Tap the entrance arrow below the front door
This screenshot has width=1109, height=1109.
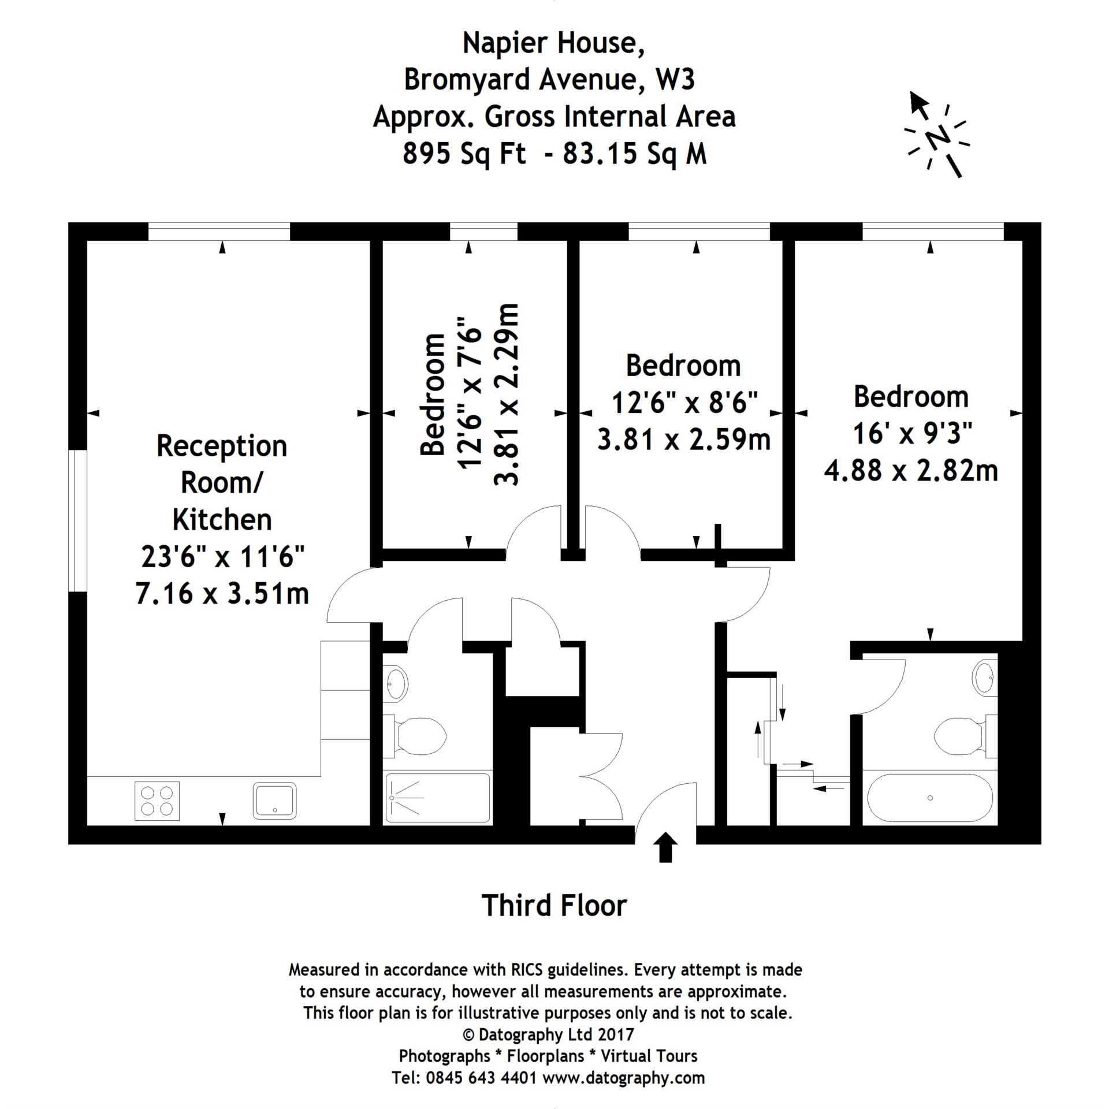(x=666, y=847)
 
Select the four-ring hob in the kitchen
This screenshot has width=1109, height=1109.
(x=157, y=801)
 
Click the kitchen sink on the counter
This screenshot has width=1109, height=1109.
(x=274, y=800)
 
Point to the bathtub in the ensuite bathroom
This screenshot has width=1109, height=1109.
(x=930, y=798)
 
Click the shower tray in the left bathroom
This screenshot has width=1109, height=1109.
(x=437, y=798)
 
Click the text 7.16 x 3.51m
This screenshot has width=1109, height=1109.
(x=222, y=593)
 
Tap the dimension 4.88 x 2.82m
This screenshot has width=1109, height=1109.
(x=911, y=470)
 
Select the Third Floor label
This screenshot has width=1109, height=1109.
(x=554, y=905)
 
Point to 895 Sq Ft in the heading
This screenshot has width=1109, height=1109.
(x=465, y=154)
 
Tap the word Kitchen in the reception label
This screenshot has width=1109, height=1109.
(x=222, y=519)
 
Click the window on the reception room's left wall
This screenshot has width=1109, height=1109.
(x=77, y=520)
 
